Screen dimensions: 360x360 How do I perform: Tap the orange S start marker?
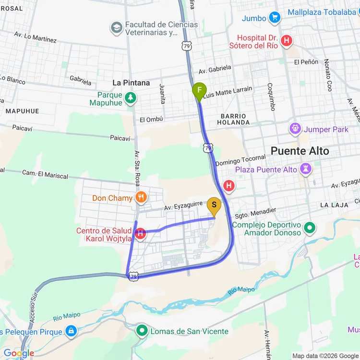tap(214, 206)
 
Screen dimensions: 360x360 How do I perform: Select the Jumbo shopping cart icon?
tap(275, 18)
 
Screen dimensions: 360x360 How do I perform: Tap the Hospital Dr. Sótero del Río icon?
tap(287, 41)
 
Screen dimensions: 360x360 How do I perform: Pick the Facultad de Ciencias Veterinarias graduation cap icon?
tap(116, 28)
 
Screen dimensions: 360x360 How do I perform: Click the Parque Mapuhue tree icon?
tap(131, 98)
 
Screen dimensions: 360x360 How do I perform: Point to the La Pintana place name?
tap(131, 83)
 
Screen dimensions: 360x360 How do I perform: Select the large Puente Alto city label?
tap(300, 151)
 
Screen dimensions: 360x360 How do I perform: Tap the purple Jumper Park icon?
tap(295, 129)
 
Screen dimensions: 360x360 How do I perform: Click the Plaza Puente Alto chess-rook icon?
tap(305, 169)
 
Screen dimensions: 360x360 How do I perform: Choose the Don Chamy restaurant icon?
tap(141, 197)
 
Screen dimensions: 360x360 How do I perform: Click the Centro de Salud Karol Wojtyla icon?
tap(140, 234)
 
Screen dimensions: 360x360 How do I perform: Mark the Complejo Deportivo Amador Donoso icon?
tap(309, 228)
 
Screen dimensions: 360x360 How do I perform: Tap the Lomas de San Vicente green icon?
tap(142, 330)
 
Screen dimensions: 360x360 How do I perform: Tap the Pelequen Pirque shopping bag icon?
tap(71, 331)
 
